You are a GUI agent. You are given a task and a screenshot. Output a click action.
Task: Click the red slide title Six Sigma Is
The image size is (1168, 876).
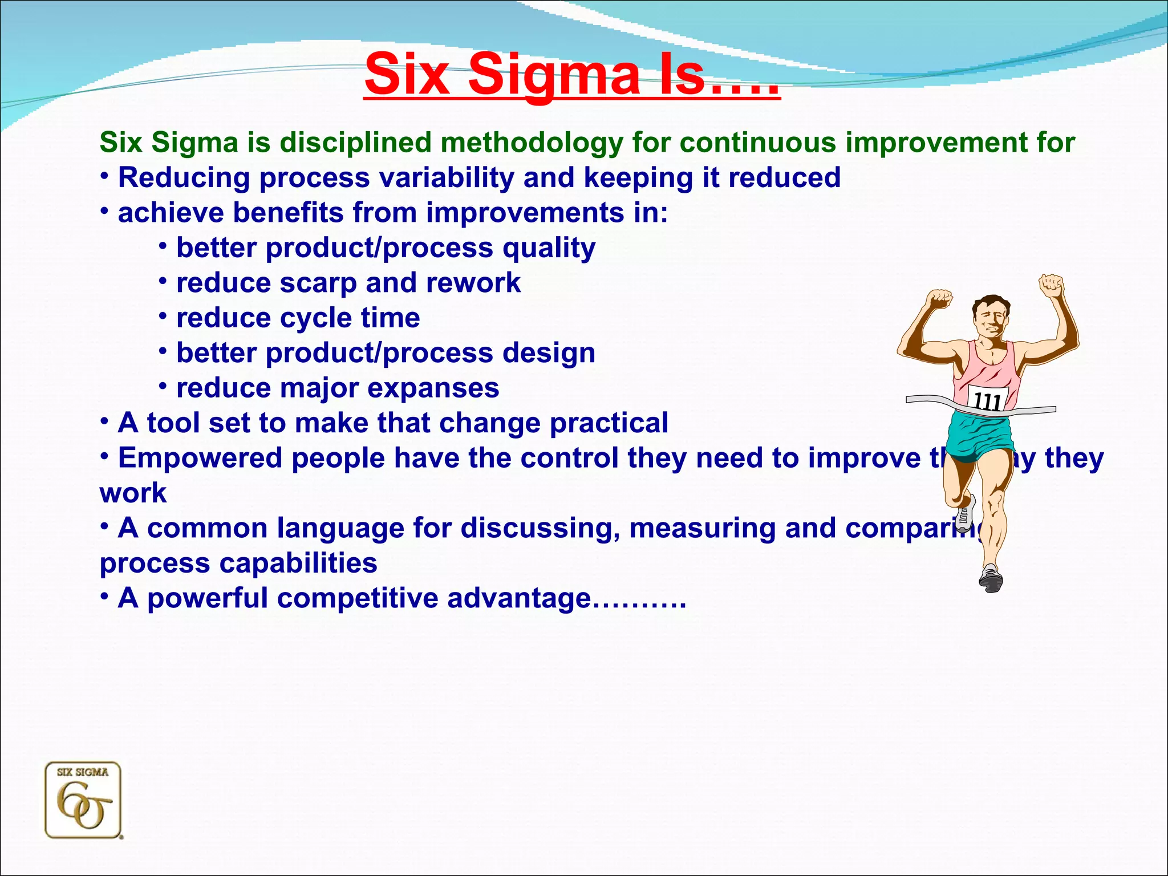point(572,75)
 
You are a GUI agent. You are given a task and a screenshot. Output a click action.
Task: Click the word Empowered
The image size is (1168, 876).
point(200,458)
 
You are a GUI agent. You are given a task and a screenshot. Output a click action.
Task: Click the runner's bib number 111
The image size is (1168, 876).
point(987,401)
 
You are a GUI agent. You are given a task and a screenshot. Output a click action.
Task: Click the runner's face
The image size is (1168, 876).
point(991,320)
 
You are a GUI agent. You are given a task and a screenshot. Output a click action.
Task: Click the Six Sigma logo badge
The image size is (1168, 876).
point(83,800)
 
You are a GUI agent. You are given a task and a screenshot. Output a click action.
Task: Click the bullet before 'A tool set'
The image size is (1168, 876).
point(104,421)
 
